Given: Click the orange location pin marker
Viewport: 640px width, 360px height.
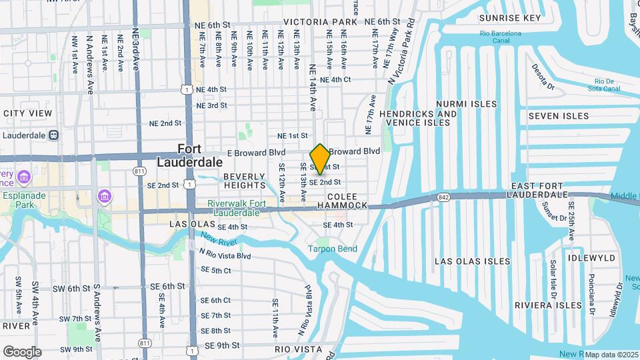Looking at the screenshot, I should coord(320,159).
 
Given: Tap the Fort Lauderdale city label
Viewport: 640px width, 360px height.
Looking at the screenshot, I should coord(190,155).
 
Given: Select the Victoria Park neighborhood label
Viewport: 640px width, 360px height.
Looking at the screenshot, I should coord(321,22).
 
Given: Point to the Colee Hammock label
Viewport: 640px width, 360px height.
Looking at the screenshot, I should coord(347,201).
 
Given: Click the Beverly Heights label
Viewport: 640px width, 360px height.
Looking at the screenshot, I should coord(245,181).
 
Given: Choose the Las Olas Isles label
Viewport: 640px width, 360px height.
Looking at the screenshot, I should coord(472,261).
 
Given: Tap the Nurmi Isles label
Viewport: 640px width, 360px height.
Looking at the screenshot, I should coord(466,104).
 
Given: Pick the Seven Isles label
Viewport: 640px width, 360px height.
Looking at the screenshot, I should coord(559,116).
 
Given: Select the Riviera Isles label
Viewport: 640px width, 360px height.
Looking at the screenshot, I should coord(548,305).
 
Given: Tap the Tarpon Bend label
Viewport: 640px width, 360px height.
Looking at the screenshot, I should coord(332,249).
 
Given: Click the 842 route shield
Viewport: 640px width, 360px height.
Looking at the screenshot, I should coord(444,197).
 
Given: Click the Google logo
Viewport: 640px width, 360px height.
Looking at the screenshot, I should coord(22,352).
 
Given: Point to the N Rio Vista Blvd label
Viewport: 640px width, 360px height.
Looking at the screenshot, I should coord(225,254).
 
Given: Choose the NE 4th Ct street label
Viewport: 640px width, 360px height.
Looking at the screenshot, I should coord(335,79).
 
